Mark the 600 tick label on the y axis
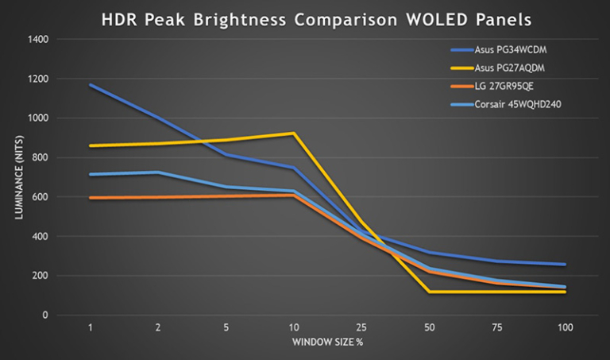(41, 197)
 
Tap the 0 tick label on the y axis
(46, 315)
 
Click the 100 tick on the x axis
(565, 327)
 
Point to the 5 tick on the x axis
(226, 327)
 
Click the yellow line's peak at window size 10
(294, 134)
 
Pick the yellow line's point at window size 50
(430, 292)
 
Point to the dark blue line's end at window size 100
(565, 265)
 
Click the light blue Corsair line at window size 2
(158, 172)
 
